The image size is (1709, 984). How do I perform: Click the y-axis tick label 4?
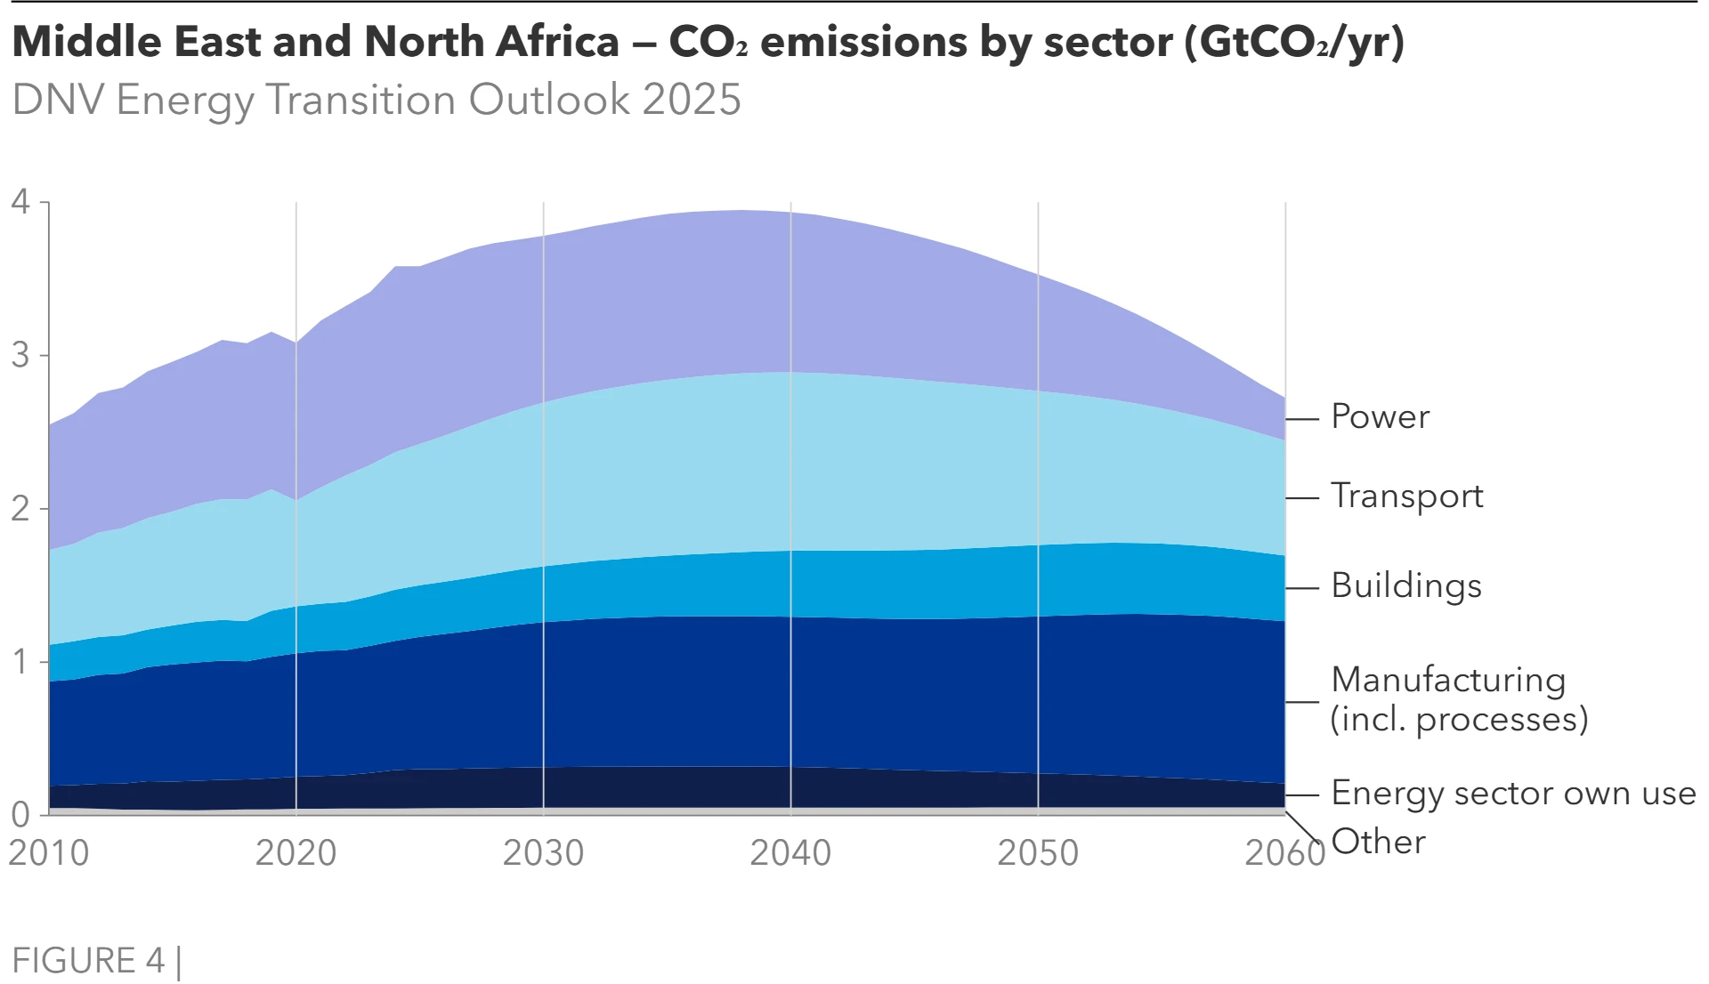(x=20, y=202)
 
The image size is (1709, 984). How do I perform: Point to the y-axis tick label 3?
(x=20, y=356)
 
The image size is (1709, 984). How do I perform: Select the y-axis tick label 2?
(x=20, y=509)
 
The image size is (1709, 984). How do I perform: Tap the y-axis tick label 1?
(x=20, y=662)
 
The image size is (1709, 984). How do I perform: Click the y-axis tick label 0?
(x=20, y=814)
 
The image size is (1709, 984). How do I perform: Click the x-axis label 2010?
(x=49, y=853)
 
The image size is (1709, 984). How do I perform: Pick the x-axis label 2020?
(x=296, y=853)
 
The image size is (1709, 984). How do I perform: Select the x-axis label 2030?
(x=543, y=853)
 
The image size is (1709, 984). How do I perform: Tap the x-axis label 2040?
(x=790, y=853)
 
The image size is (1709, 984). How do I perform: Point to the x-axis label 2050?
(x=1037, y=853)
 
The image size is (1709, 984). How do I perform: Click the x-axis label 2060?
(x=1284, y=853)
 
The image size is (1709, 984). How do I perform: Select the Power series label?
(x=1380, y=416)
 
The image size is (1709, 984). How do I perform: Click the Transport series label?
(x=1406, y=496)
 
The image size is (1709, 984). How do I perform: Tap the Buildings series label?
(x=1406, y=585)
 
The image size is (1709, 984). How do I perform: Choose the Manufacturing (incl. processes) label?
(x=1458, y=699)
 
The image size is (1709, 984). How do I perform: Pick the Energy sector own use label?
(x=1513, y=793)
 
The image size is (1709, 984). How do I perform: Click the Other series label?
(x=1378, y=842)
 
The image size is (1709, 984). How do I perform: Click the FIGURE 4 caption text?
(x=88, y=961)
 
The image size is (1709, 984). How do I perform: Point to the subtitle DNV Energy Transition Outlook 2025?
(x=377, y=100)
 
